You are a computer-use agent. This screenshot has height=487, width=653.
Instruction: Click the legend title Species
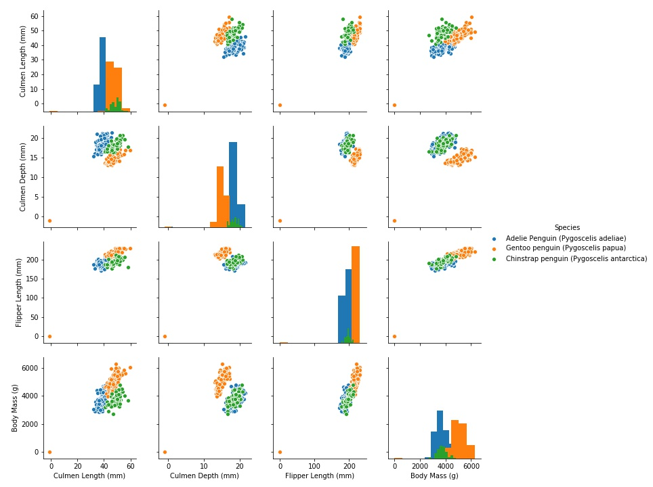(567, 228)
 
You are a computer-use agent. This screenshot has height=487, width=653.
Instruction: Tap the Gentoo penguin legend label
(566, 248)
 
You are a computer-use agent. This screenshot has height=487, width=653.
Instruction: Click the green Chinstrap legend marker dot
(494, 258)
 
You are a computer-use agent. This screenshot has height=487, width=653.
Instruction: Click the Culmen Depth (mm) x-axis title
(204, 476)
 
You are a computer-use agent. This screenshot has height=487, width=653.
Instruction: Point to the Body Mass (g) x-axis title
(434, 476)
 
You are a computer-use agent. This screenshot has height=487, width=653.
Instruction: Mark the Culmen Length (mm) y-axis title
(22, 61)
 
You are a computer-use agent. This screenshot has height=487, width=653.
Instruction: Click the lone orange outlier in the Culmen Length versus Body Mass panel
(394, 105)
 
